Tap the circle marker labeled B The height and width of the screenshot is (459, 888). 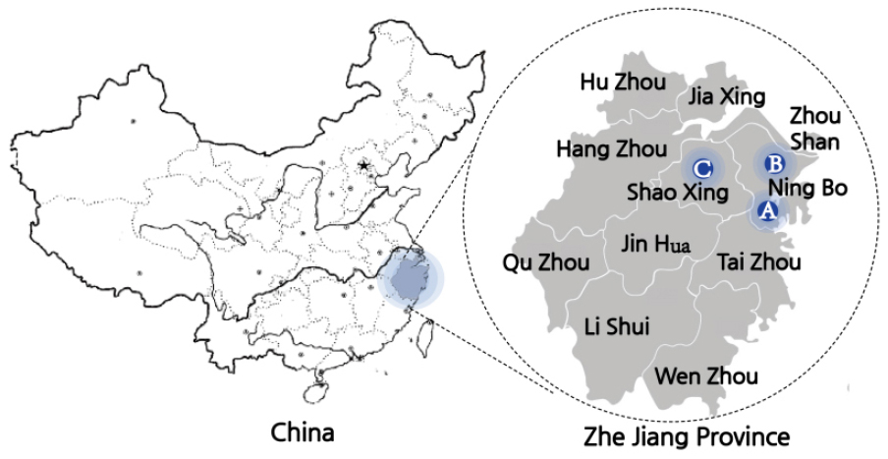click(772, 163)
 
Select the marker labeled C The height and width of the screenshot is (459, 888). click(702, 167)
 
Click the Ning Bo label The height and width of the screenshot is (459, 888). click(807, 187)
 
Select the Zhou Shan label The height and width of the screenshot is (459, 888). click(814, 129)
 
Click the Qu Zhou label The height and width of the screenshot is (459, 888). click(546, 262)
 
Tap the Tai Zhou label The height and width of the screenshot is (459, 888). click(759, 262)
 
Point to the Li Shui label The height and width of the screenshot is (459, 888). click(616, 325)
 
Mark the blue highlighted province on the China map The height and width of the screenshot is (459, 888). click(405, 278)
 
